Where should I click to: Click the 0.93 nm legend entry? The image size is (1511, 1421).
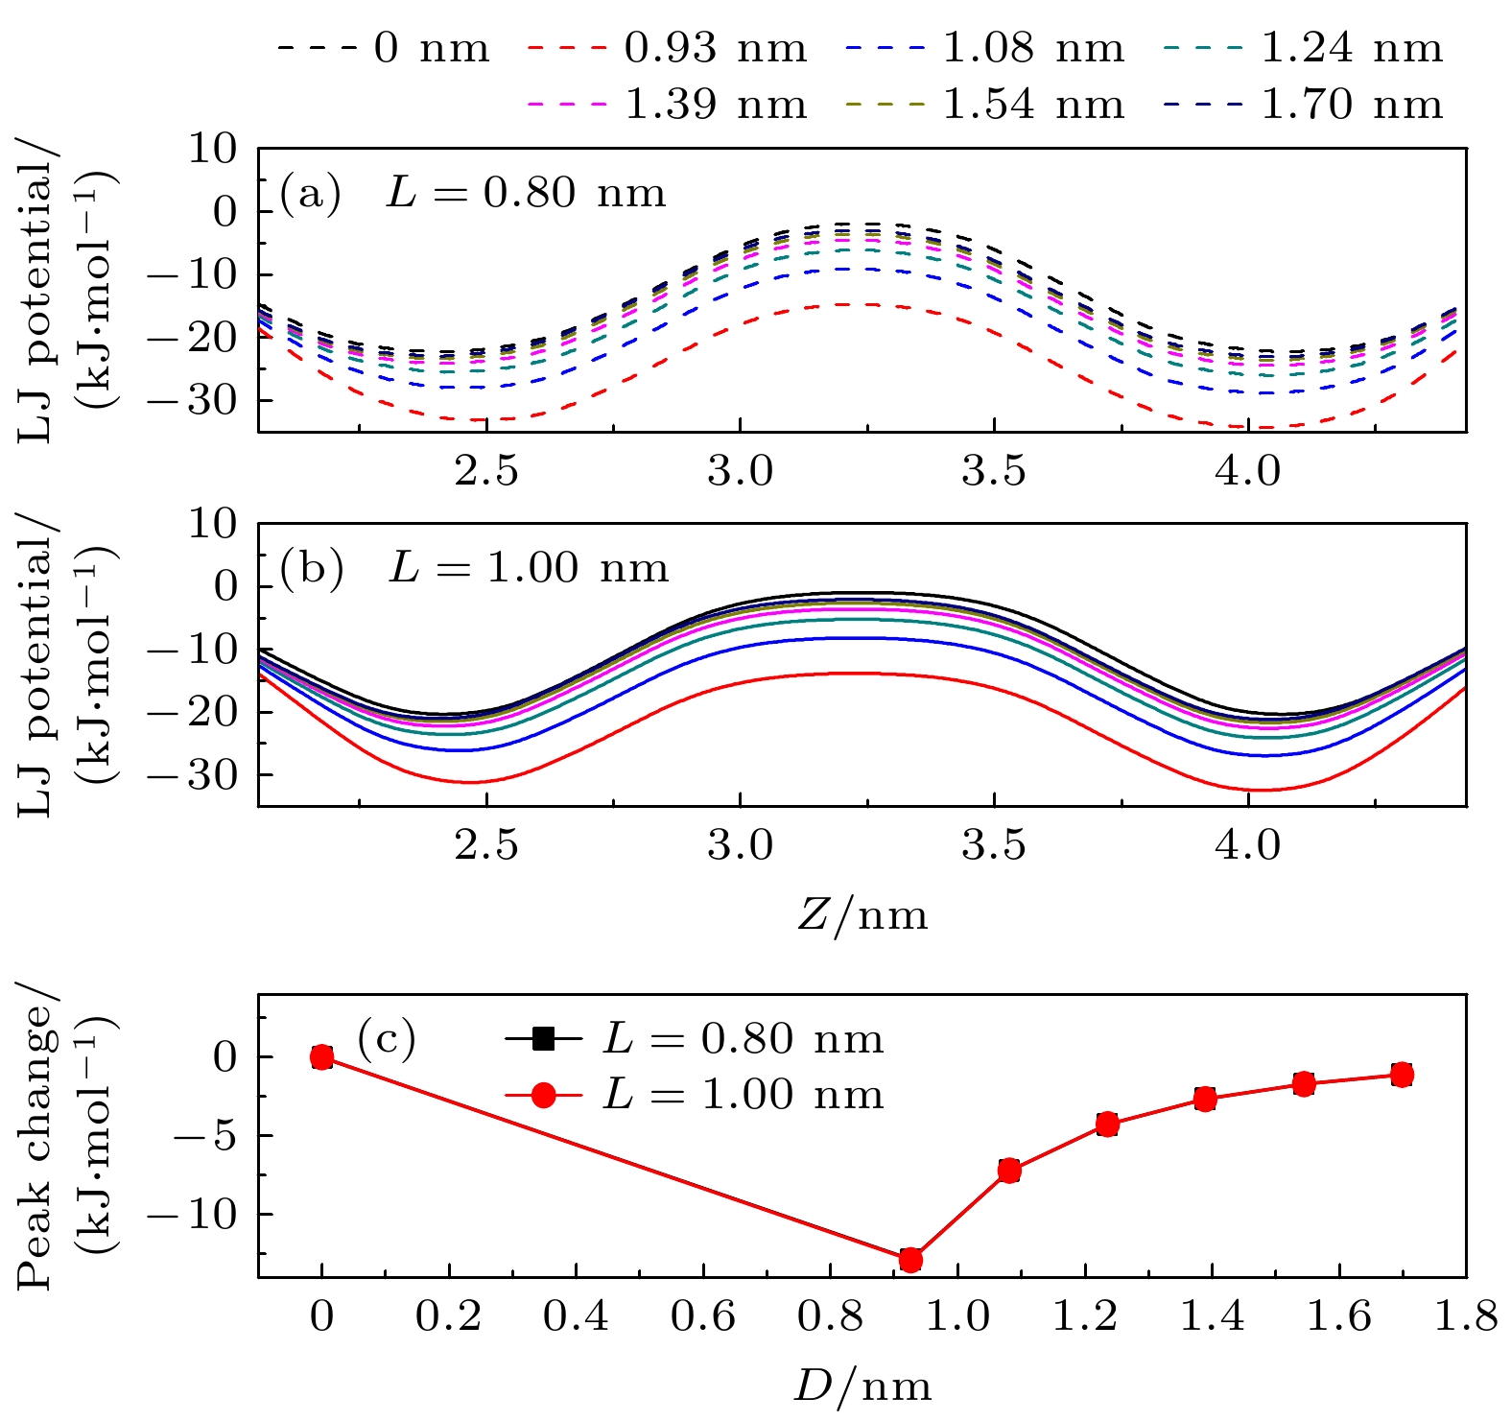coord(715,48)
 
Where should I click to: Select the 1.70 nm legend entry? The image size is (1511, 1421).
coord(1351,104)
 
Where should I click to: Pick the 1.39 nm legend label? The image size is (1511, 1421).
coord(715,104)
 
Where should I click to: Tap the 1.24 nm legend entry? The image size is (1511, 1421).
coord(1351,48)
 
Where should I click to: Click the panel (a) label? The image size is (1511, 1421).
coord(310,194)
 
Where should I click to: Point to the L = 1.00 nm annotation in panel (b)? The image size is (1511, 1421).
coord(529,568)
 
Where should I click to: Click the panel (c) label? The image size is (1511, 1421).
coord(387,1038)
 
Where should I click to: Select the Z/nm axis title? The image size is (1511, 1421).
coord(862,915)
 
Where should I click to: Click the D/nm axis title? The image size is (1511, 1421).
coord(862,1386)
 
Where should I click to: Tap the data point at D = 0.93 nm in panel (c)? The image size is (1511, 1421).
coord(910,1259)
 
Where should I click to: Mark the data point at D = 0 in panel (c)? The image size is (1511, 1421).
coord(322,1057)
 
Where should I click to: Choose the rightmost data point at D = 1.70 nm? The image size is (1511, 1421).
coord(1402,1075)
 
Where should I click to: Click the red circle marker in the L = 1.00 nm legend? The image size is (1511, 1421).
coord(543,1095)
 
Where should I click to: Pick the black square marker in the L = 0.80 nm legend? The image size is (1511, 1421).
coord(543,1038)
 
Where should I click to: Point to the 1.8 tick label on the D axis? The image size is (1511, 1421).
coord(1466,1316)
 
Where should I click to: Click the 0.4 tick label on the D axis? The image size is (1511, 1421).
coord(576,1316)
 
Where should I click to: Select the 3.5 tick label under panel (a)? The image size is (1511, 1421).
coord(994,471)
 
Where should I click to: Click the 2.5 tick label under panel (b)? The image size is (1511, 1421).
coord(486,846)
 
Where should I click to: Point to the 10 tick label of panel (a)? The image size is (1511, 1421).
coord(211,150)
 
